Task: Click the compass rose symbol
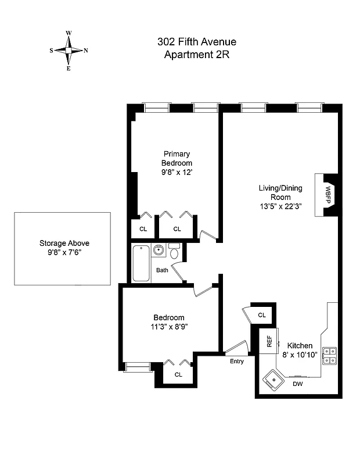point(69,51)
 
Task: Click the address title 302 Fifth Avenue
point(196,42)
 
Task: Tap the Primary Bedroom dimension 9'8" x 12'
point(177,173)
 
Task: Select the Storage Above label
point(64,244)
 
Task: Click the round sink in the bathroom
point(158,251)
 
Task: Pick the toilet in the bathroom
point(174,252)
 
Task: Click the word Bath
point(162,270)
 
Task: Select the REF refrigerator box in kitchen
point(269,341)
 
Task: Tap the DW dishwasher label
point(297,384)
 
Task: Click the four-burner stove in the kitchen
point(329,355)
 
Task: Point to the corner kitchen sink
point(271,380)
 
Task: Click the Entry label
point(237,361)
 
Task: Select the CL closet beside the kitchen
point(261,315)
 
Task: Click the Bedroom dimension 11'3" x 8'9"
point(169,327)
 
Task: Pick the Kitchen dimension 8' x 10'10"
point(300,355)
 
